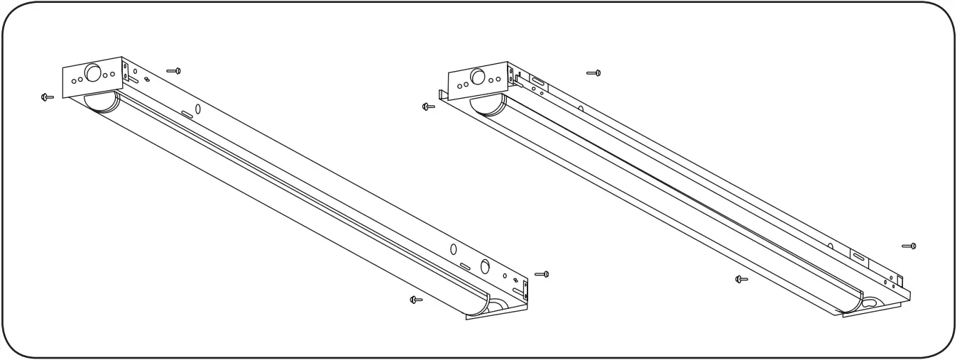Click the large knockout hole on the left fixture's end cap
click(x=94, y=74)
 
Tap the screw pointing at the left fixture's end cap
click(x=48, y=96)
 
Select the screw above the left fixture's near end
click(x=175, y=70)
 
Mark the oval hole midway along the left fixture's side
click(x=187, y=114)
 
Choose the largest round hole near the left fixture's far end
click(x=486, y=267)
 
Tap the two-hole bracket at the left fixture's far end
click(x=525, y=287)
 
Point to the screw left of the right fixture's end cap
click(x=428, y=107)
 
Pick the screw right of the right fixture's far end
click(x=909, y=246)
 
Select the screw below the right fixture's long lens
click(x=742, y=279)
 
